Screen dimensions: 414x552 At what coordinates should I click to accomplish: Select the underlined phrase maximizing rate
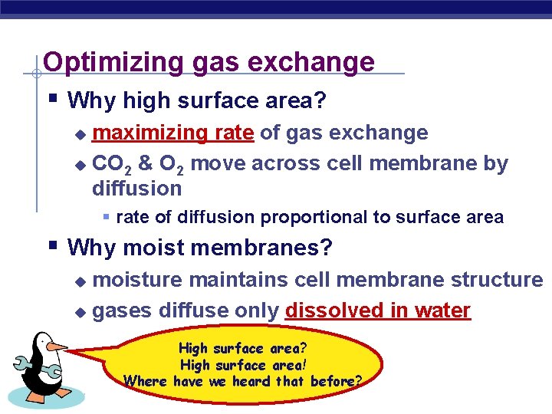click(x=172, y=133)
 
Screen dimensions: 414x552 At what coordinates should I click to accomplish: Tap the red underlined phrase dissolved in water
click(x=377, y=310)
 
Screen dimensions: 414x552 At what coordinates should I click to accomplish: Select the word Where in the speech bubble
click(x=146, y=381)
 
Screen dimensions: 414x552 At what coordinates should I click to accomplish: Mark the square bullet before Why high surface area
click(x=51, y=99)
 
